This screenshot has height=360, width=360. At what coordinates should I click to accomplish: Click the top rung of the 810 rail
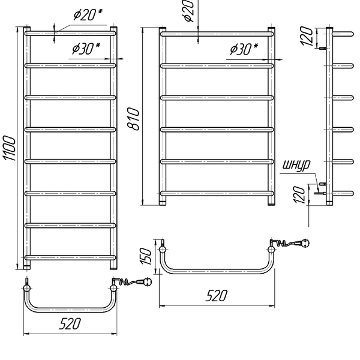click(x=217, y=34)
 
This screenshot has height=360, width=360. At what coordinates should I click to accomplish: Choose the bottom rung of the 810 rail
click(x=217, y=193)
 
